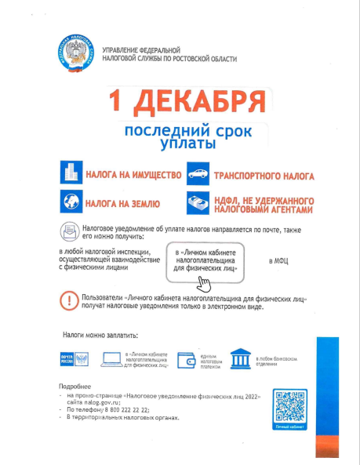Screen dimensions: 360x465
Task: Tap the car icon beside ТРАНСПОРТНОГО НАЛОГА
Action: point(196,173)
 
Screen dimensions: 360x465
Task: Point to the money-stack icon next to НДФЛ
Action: point(196,203)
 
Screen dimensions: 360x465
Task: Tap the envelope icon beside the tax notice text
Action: point(69,231)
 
